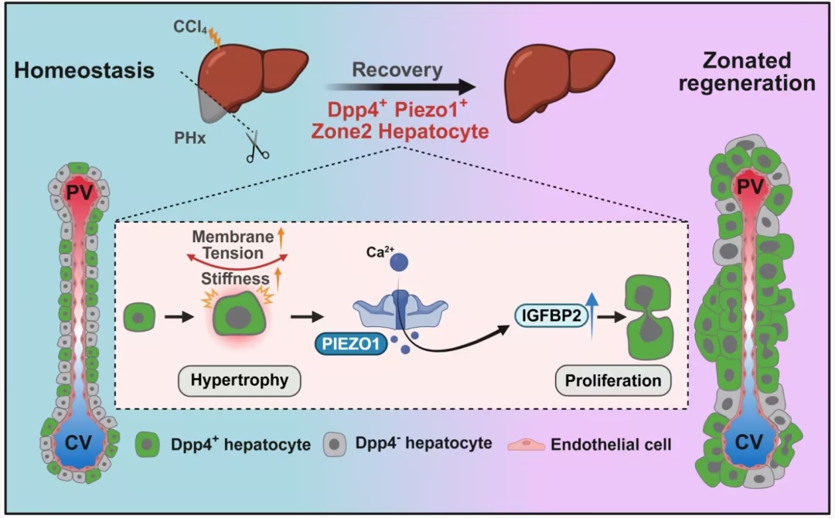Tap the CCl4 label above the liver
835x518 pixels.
190,27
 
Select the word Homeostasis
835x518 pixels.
84,70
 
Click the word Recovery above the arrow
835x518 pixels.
397,70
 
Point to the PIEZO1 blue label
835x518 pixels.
351,344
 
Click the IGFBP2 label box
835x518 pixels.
551,315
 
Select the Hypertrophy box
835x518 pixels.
239,380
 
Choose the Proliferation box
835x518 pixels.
613,380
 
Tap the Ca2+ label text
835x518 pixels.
380,251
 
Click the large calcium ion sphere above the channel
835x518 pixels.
399,262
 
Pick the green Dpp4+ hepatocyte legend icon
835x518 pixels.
148,445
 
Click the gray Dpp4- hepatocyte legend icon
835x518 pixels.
335,445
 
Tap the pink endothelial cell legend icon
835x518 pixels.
527,445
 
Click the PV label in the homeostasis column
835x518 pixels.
80,191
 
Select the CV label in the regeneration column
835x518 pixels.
748,442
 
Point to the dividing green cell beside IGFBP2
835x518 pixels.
649,317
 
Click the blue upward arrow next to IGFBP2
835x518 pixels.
593,315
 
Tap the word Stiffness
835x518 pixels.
235,278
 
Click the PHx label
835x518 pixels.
189,138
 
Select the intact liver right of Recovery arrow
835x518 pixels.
559,80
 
